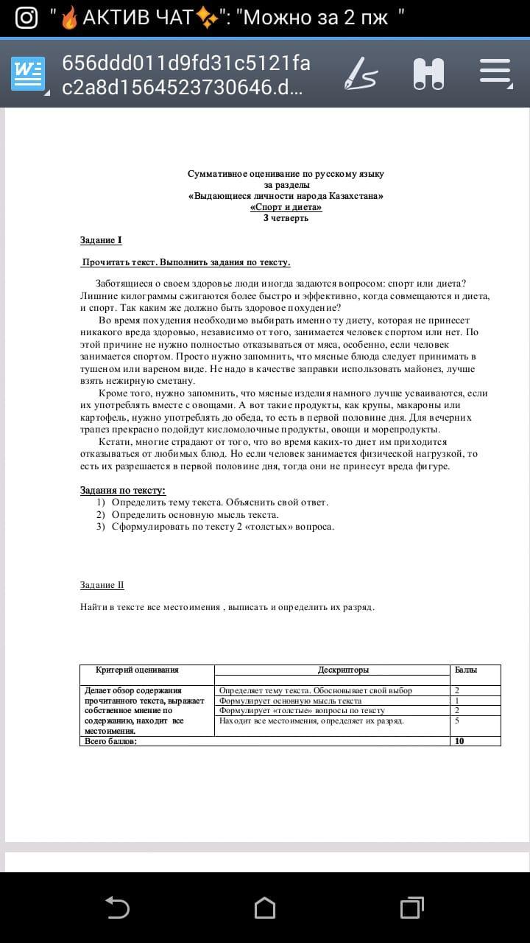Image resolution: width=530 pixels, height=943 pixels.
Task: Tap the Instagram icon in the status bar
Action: tap(26, 18)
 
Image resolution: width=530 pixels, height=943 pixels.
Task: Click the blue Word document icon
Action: tap(28, 74)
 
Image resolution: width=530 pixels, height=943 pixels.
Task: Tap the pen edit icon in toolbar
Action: tap(361, 74)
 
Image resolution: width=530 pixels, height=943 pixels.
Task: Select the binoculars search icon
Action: tap(428, 74)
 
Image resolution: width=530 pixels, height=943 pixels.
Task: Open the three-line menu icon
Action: tap(495, 71)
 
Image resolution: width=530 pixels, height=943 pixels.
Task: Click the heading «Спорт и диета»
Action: tap(286, 207)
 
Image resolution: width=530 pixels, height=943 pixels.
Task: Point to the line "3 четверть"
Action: tap(286, 218)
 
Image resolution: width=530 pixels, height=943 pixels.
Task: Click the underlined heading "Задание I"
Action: tap(101, 240)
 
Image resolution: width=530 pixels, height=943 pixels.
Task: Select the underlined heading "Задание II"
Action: tap(102, 585)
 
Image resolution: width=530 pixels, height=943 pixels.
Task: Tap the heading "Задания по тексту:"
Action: tap(123, 490)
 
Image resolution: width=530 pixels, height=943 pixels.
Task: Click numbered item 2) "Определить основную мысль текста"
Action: tap(194, 514)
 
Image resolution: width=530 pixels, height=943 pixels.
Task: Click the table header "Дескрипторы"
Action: tap(343, 670)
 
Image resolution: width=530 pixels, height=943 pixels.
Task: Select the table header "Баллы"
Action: tap(466, 670)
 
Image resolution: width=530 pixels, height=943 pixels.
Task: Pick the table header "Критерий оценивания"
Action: tap(137, 670)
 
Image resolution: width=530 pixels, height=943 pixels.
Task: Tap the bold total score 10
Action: tap(459, 741)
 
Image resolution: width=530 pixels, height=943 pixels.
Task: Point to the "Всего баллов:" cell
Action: tap(111, 741)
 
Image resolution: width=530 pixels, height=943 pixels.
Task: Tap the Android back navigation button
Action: tap(118, 908)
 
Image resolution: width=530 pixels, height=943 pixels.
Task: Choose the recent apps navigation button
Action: tap(411, 908)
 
